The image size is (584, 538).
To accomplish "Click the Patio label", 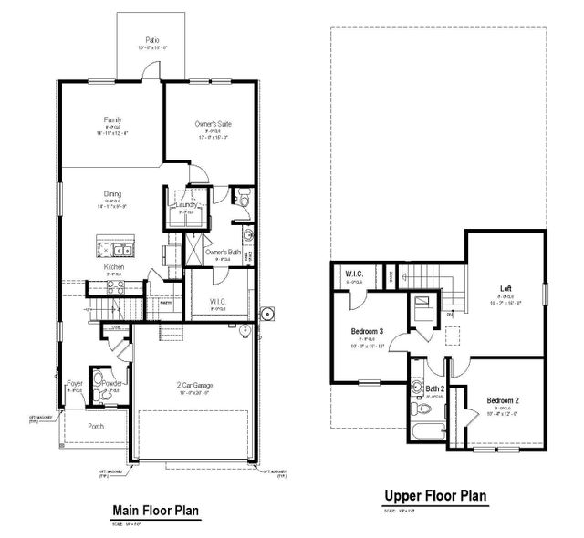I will click(152, 40).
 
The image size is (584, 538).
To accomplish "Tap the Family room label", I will click(113, 119).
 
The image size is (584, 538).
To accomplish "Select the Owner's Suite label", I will click(212, 123).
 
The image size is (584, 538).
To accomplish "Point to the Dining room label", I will click(113, 193).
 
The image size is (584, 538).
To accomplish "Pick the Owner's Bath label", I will click(222, 252).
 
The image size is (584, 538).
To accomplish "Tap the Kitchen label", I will click(114, 267).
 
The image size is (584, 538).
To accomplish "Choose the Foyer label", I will click(75, 384).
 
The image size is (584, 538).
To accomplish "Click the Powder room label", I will click(113, 384).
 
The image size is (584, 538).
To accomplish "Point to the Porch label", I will click(96, 426).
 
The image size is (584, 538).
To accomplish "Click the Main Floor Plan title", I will click(154, 511).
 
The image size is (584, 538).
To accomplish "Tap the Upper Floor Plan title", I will click(434, 496).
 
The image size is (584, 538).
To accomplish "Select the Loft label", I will click(506, 289).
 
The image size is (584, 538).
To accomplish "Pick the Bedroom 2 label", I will click(503, 400).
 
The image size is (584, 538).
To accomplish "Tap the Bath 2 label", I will click(434, 389).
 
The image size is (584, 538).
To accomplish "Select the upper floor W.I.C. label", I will click(355, 274).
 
